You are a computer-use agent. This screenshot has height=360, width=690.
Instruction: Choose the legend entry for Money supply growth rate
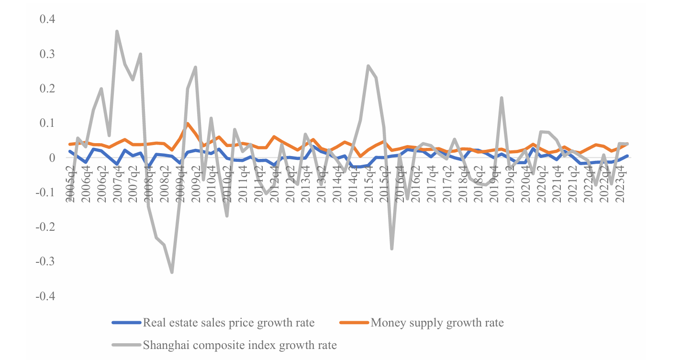click(x=437, y=323)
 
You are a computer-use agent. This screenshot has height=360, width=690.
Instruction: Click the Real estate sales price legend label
click(x=229, y=323)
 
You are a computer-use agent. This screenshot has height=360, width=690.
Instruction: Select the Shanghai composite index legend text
click(x=240, y=345)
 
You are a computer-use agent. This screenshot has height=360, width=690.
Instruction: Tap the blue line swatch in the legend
click(x=126, y=323)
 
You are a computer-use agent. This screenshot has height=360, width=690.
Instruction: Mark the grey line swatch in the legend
click(x=126, y=345)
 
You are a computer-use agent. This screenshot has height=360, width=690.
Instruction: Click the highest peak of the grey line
click(x=117, y=32)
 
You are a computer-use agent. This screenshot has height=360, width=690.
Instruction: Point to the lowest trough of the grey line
click(x=172, y=272)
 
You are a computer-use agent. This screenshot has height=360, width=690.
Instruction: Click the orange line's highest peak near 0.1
click(x=188, y=124)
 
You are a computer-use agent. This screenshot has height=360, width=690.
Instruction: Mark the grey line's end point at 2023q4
click(x=627, y=144)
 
